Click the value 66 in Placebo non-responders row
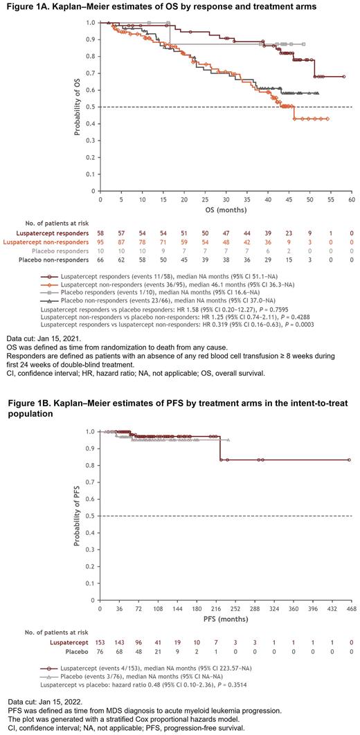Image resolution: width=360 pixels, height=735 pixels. (x=100, y=260)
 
